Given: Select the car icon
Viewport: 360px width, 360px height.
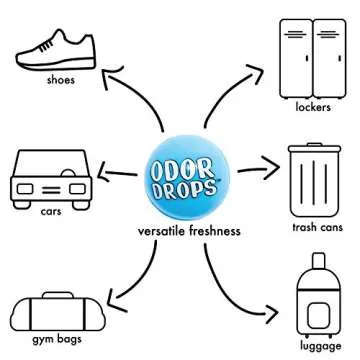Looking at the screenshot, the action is click(51, 178).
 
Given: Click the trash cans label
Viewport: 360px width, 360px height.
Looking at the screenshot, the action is click(315, 227).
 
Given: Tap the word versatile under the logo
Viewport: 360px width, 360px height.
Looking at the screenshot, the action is click(163, 231).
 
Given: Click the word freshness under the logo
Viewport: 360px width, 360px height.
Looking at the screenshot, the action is click(216, 231).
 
